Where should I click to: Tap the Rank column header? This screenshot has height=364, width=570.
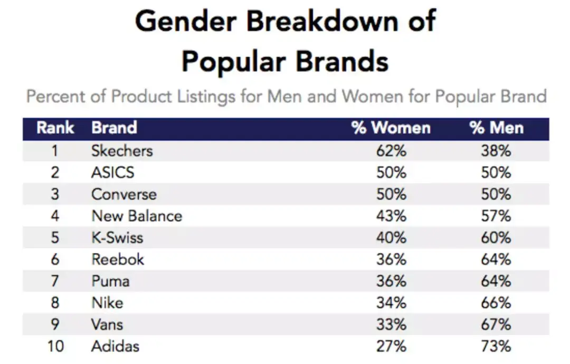(x=55, y=128)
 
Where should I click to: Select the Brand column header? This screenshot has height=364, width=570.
(x=114, y=128)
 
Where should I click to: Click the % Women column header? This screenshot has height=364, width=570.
(x=391, y=128)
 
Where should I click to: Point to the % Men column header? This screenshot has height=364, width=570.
(x=496, y=128)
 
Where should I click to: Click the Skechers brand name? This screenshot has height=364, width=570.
(x=122, y=151)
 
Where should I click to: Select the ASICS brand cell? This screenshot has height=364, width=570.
(x=113, y=173)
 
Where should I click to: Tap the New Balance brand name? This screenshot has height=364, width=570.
(x=137, y=216)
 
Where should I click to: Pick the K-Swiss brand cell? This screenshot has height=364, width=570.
(x=117, y=238)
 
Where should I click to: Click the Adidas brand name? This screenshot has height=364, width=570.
(x=116, y=346)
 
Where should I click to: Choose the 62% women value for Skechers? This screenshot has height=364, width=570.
(x=391, y=151)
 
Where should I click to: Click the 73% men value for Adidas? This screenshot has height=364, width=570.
(x=496, y=346)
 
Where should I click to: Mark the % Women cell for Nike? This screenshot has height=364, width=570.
(x=391, y=303)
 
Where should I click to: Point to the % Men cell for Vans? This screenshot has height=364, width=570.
(x=496, y=324)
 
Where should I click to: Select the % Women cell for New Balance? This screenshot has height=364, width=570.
(x=391, y=216)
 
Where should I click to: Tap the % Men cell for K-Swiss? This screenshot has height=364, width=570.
(x=496, y=238)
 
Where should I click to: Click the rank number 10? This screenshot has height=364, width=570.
(x=55, y=346)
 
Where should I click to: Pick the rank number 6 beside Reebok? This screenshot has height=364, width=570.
(x=55, y=260)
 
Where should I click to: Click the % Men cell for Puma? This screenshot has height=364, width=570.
(x=496, y=281)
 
